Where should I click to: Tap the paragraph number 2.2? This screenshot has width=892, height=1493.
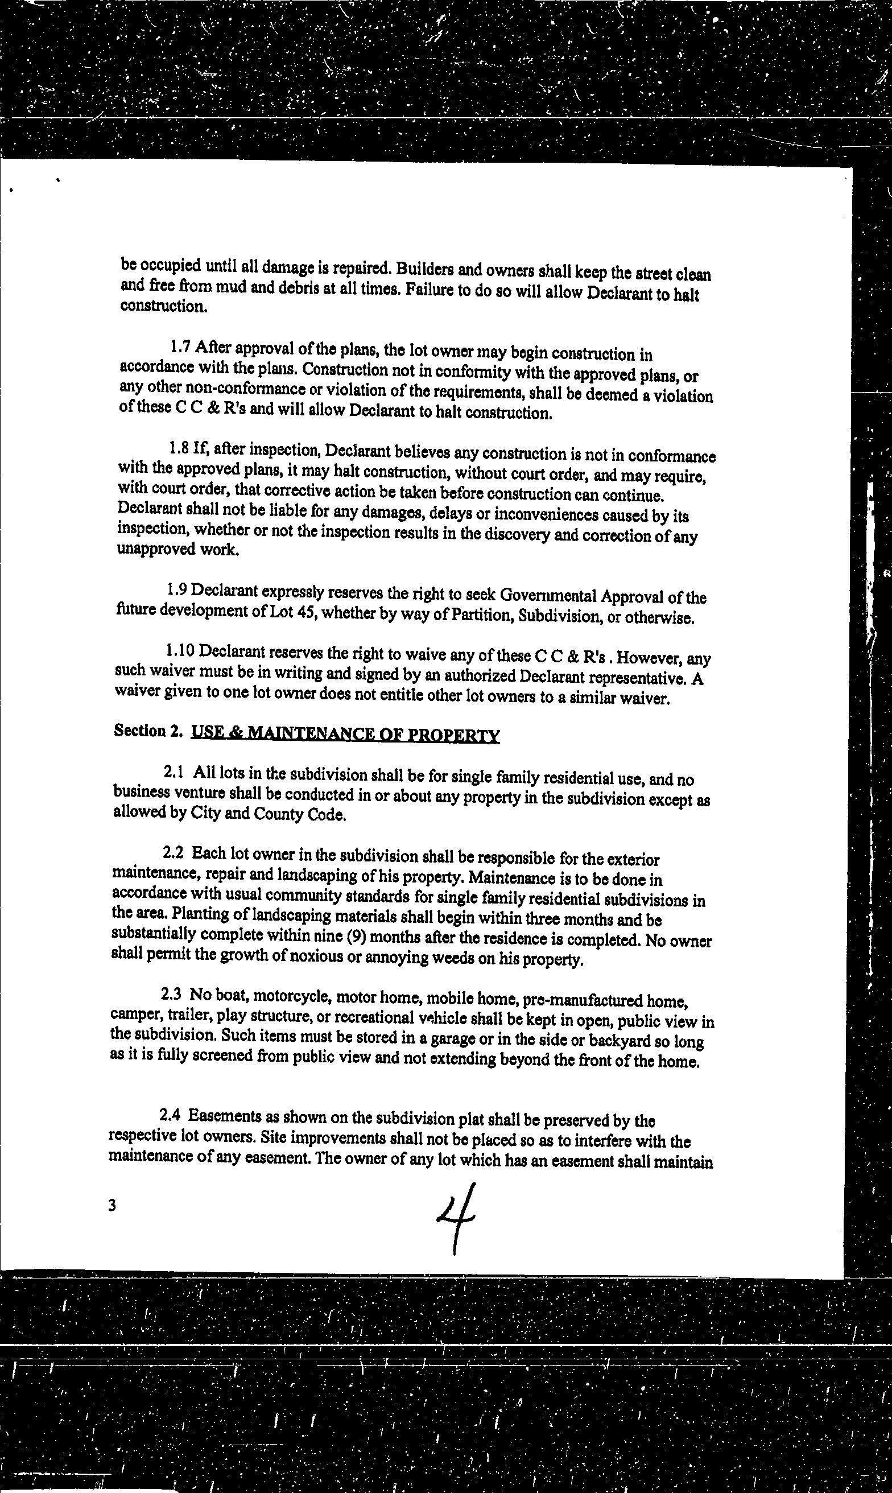coord(173,852)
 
